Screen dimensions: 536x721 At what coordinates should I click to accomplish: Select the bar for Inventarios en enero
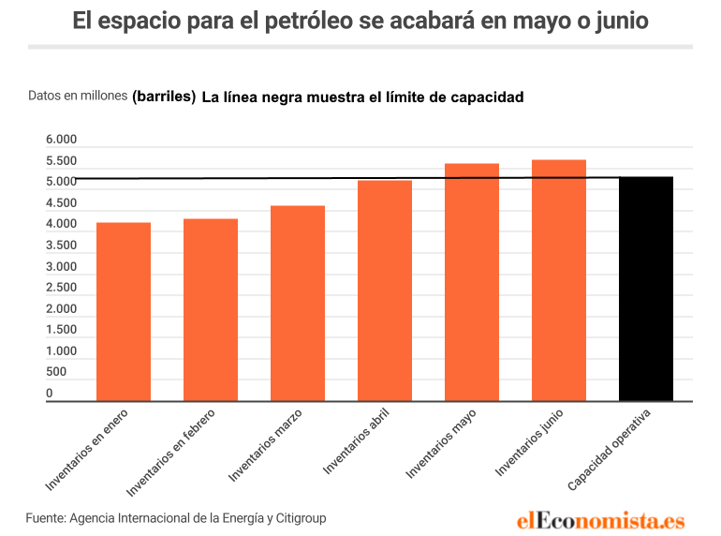[124, 312]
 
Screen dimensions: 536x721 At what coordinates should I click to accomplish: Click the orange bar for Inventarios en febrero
[211, 310]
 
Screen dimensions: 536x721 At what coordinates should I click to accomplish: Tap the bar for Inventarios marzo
[298, 304]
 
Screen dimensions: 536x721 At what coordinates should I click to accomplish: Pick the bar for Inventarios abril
[385, 290]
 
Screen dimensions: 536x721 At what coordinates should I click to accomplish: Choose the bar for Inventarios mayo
[472, 282]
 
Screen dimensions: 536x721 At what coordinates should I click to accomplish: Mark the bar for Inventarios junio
[559, 280]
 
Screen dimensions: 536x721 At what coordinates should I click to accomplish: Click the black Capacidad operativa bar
[646, 289]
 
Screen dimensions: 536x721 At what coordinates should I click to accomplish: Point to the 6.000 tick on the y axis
[61, 140]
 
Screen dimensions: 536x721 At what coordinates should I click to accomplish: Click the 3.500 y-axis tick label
[61, 246]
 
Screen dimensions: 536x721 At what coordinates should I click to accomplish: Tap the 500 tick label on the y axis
[56, 372]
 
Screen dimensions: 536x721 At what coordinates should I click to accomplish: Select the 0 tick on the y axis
[50, 394]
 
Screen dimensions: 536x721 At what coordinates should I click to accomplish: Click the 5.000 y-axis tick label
[61, 182]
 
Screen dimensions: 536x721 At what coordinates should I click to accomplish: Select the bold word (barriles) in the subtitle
[164, 97]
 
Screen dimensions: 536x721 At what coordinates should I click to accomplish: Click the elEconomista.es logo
[600, 520]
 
